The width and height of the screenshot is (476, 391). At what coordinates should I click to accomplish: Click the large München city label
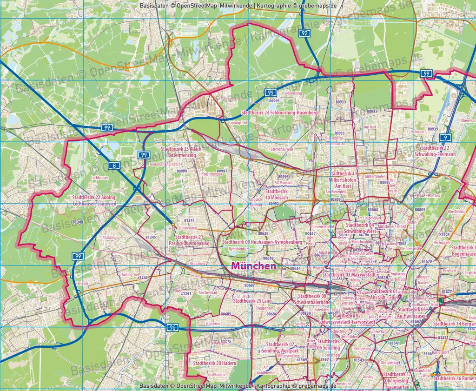pos(253,266)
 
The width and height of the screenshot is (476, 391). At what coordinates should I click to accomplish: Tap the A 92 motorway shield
pos(304,33)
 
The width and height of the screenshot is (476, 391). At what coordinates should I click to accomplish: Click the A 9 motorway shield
pos(445,138)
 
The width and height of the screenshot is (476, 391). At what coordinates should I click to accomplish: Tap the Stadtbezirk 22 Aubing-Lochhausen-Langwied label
pos(94,200)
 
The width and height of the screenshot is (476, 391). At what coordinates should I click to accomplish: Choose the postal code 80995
pos(274,101)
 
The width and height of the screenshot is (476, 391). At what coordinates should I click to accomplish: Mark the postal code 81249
pos(78,222)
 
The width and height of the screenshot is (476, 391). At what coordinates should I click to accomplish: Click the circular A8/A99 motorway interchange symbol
pos(138,188)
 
